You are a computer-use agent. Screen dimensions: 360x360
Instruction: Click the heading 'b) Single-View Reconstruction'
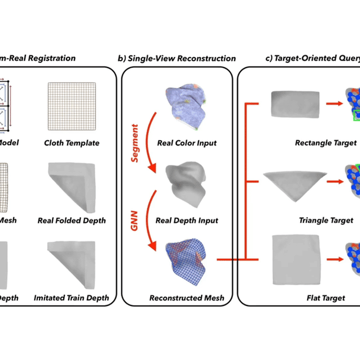176,58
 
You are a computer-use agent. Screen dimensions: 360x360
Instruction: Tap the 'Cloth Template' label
71,143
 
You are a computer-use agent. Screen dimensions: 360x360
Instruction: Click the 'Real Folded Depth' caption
71,220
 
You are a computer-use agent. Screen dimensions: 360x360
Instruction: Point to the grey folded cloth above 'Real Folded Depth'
71,186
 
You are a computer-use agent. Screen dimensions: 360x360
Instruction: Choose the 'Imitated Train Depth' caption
71,298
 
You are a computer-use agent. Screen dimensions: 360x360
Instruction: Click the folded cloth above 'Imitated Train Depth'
71,264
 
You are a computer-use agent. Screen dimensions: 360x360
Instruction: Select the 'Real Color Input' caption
186,143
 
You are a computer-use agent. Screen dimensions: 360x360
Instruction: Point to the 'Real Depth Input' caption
186,220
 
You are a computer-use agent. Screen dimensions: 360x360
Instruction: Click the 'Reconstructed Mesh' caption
186,298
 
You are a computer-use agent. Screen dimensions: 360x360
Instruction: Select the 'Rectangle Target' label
318,143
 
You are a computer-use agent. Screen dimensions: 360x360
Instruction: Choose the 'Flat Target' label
318,298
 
